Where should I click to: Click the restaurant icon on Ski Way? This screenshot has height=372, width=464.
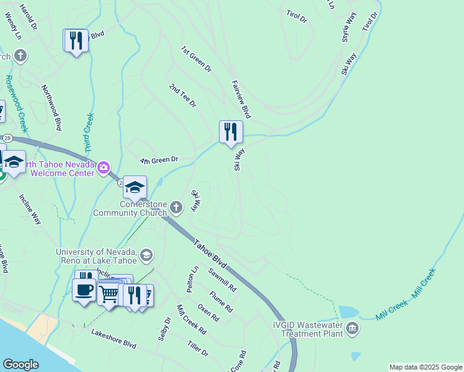pyautogui.click(x=231, y=131)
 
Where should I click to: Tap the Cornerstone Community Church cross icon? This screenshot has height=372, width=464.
pyautogui.click(x=176, y=207)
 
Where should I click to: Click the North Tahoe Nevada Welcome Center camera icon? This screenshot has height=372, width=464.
pyautogui.click(x=103, y=167)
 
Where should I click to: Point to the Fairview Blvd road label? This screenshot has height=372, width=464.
pyautogui.click(x=241, y=99)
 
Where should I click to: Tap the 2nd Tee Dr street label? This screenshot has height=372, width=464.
pyautogui.click(x=182, y=96)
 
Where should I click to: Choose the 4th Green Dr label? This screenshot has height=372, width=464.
pyautogui.click(x=159, y=160)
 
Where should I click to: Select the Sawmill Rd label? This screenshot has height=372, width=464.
pyautogui.click(x=222, y=280)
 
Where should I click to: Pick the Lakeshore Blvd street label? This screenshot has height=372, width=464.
pyautogui.click(x=114, y=339)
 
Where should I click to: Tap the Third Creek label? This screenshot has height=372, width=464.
pyautogui.click(x=89, y=133)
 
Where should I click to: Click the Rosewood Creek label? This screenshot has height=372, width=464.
pyautogui.click(x=16, y=104)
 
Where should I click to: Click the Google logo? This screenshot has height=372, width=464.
pyautogui.click(x=20, y=365)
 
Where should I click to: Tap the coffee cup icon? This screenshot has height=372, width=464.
pyautogui.click(x=84, y=288)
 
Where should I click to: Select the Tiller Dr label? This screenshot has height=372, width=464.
pyautogui.click(x=198, y=348)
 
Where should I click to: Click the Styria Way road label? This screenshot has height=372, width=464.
pyautogui.click(x=349, y=29)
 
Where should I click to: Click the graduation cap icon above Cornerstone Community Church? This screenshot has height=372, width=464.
pyautogui.click(x=135, y=187)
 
